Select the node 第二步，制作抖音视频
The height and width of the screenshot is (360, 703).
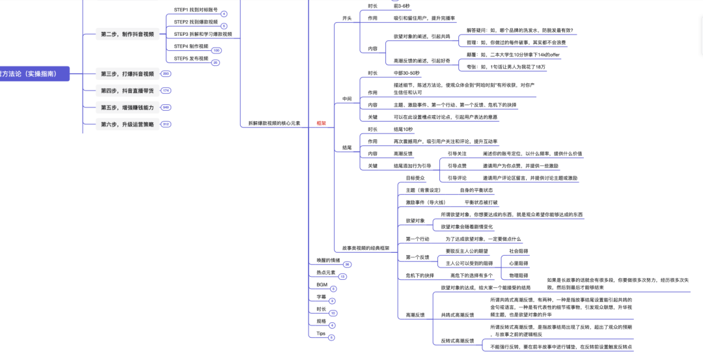[128, 34]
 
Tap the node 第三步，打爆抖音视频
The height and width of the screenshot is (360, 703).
[128, 74]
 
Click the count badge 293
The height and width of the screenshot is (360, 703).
[165, 74]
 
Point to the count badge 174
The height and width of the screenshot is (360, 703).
[165, 91]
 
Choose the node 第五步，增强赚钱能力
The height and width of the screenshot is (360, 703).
[128, 107]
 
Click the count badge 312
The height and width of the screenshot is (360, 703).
[165, 124]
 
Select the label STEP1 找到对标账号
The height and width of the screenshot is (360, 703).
[196, 10]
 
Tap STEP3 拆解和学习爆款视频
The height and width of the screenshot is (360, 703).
[202, 34]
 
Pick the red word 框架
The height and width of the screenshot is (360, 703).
[322, 122]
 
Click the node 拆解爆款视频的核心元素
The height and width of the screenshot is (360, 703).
[274, 122]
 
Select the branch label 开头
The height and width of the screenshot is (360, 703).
[347, 18]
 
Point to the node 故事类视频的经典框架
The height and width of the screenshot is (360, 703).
[366, 248]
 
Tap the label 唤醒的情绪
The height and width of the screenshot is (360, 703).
[329, 260]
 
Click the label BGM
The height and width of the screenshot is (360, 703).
[322, 284]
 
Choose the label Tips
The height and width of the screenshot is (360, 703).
[321, 333]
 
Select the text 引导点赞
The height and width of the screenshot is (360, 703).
[457, 165]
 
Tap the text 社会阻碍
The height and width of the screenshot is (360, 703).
[518, 251]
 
